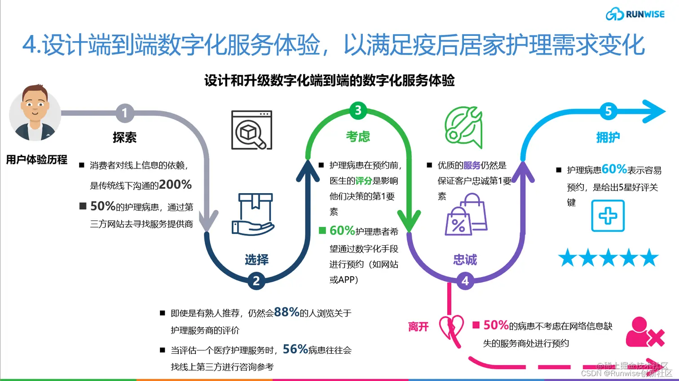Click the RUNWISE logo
coord(635,14)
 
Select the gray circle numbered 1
coord(125,113)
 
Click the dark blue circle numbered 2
coord(256,281)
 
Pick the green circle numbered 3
coord(358,110)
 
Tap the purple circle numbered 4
coord(465,281)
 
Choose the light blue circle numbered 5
coord(608,111)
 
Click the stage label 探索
coord(124,138)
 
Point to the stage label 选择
coord(256,260)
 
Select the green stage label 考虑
coord(358,136)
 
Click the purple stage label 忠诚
coord(465,260)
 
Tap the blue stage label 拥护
coord(608,138)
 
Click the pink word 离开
coord(418,327)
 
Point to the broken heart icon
coord(451,327)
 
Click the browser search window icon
coord(251,130)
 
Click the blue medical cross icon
coord(608,216)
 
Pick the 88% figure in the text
coord(287,312)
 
